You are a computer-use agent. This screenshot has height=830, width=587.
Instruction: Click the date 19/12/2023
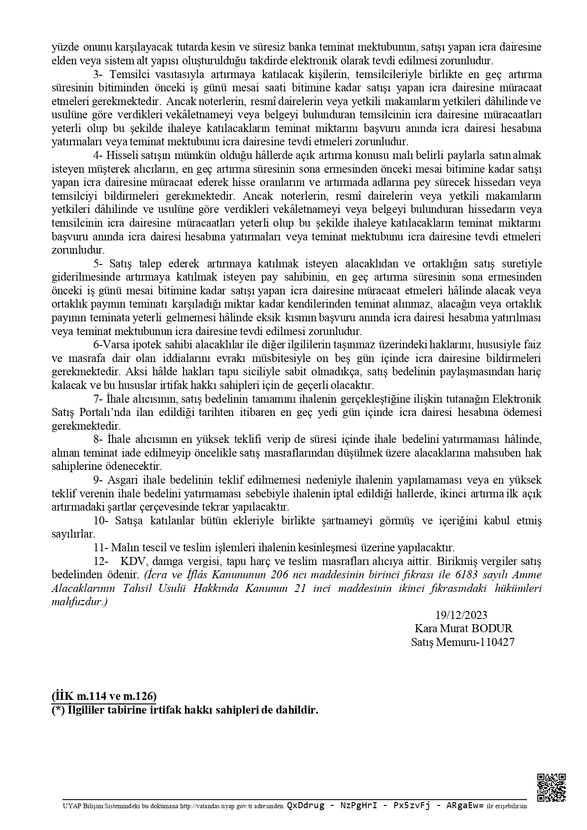(x=461, y=615)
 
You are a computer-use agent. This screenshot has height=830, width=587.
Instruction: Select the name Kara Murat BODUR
(x=464, y=628)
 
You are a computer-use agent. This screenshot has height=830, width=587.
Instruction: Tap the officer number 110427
(x=498, y=642)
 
